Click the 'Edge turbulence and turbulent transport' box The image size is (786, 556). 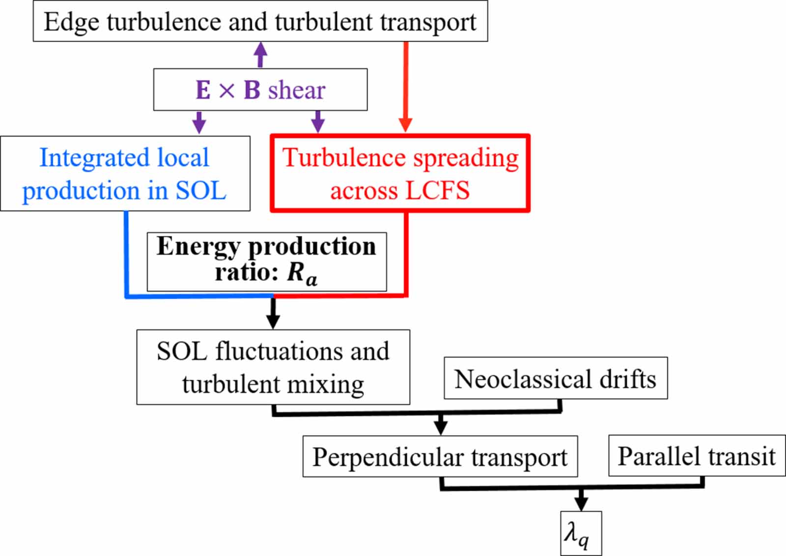[x=260, y=22]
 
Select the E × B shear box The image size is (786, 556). [x=260, y=89]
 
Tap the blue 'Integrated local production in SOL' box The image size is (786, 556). [x=125, y=174]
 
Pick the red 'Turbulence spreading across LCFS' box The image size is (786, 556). [x=400, y=174]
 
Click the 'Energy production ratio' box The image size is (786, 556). [x=267, y=261]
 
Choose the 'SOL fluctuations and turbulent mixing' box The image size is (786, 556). [x=273, y=367]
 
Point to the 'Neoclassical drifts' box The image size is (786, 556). [x=556, y=379]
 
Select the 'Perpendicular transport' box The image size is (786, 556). [x=440, y=456]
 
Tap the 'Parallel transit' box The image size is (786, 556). [x=697, y=456]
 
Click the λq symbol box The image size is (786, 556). [x=581, y=534]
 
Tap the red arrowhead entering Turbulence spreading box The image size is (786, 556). [x=405, y=125]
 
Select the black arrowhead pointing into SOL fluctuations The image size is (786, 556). [x=273, y=322]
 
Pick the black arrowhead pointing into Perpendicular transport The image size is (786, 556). [x=441, y=426]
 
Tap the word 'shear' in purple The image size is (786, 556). [x=297, y=90]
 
